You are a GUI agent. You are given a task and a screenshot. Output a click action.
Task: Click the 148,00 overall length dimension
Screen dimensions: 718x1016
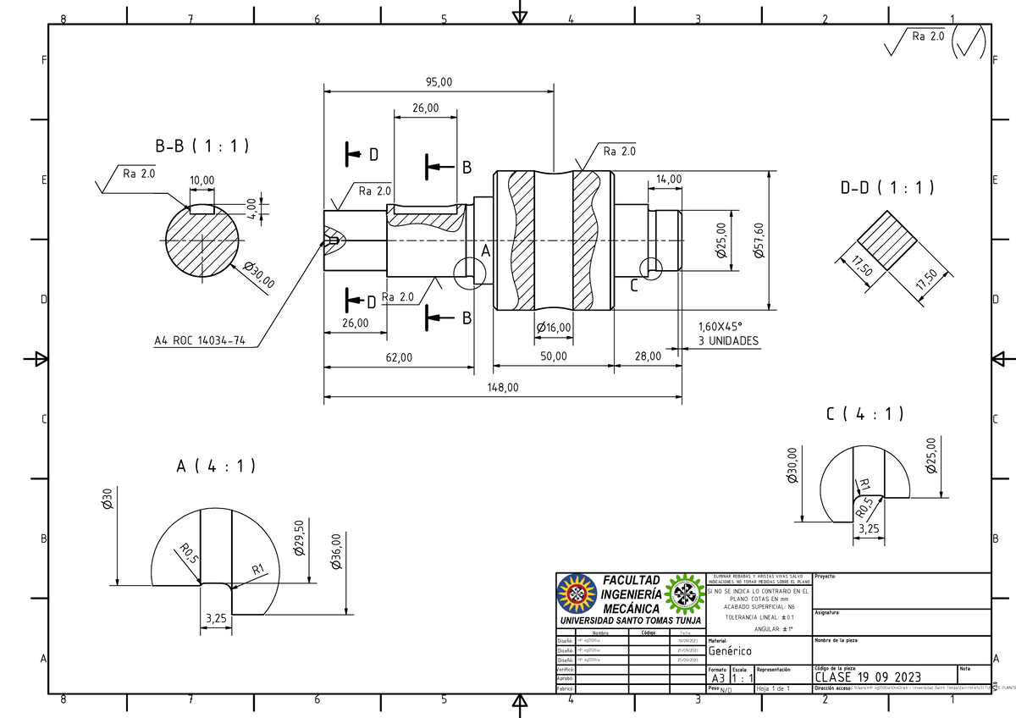click(x=503, y=386)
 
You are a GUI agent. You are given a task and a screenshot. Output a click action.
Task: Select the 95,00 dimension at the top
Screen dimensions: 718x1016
click(x=439, y=82)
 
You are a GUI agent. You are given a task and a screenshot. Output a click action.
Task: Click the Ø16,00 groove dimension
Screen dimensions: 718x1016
click(x=554, y=328)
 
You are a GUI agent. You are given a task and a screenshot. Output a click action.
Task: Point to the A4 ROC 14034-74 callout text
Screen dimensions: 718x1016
click(x=200, y=341)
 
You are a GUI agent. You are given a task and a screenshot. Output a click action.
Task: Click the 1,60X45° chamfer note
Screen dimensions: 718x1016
click(x=720, y=327)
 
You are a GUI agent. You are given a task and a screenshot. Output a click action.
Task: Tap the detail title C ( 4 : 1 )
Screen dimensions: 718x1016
click(x=864, y=414)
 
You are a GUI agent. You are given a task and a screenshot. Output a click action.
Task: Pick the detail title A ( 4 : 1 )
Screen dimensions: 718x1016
click(x=216, y=467)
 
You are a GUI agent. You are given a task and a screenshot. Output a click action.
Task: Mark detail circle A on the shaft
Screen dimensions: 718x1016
click(x=469, y=271)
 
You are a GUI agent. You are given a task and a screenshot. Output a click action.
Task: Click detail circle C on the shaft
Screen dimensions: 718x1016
click(x=651, y=268)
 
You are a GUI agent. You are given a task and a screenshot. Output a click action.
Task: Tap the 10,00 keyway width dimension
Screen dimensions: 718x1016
click(x=202, y=180)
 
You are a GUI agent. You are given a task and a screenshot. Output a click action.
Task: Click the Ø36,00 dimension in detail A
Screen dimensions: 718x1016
click(x=335, y=550)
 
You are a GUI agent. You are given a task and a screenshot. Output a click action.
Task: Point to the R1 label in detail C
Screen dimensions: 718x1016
click(x=864, y=485)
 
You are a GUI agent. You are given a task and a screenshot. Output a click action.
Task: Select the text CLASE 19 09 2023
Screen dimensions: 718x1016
click(x=868, y=677)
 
